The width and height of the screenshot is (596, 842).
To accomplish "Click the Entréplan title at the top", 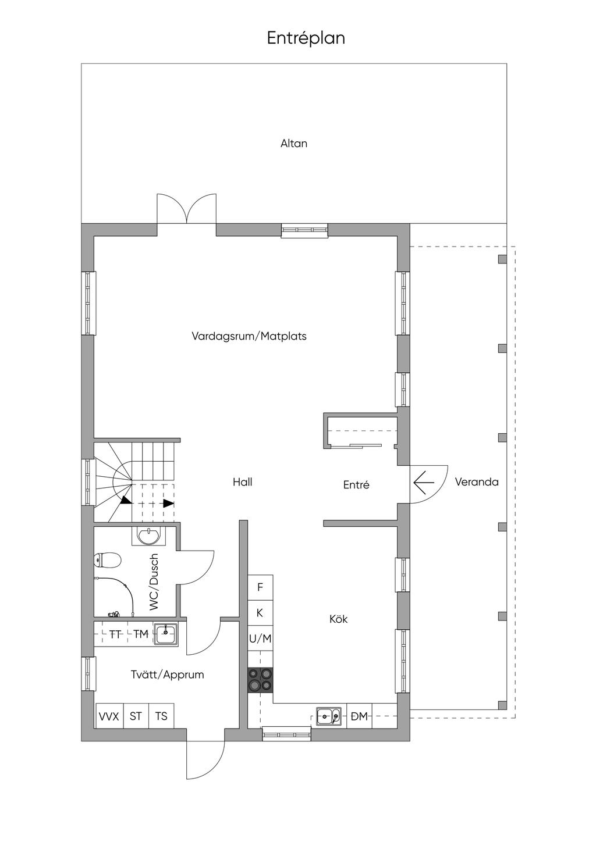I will (x=306, y=38).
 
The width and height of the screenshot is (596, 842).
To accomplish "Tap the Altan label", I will (x=293, y=144).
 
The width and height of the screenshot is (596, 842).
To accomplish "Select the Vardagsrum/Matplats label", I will (x=249, y=336).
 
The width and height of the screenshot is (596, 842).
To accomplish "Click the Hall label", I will (x=242, y=482).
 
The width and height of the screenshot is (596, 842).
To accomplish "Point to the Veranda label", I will (x=476, y=482).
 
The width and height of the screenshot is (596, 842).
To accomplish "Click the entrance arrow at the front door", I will (x=424, y=483).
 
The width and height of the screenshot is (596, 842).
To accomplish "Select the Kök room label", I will (x=338, y=619).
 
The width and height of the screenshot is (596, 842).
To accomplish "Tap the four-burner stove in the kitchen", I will (x=260, y=680).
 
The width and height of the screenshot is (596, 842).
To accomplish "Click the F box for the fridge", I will (x=260, y=587).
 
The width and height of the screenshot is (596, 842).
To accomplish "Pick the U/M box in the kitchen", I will (x=260, y=638).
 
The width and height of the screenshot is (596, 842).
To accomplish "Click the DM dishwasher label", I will (x=359, y=716).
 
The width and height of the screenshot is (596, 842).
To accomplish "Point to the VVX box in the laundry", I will (x=109, y=716).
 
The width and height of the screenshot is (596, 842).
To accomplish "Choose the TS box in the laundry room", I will (x=161, y=716).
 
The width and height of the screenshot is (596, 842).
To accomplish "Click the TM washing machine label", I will (x=141, y=634).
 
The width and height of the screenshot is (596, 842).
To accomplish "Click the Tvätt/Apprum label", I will (x=167, y=675).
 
